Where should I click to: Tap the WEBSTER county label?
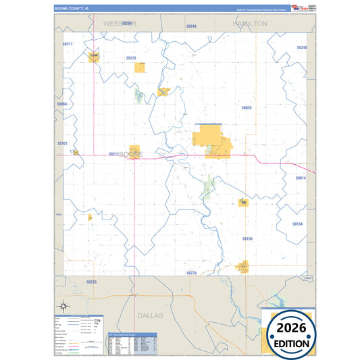[120, 23]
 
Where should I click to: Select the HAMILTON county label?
[250, 23]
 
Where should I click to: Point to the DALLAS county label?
[151, 315]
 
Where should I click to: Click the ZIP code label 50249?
[190, 26]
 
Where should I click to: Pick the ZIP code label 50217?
[67, 44]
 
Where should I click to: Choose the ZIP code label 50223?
[131, 58]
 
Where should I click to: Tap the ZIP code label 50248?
[301, 47]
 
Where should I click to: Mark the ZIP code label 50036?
[247, 107]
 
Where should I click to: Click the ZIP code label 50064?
[62, 104]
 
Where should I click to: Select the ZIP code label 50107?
[62, 143]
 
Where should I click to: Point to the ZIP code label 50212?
[114, 154]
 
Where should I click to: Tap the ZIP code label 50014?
[301, 178]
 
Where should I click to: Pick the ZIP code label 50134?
[298, 224]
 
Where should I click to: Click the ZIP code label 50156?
[247, 238]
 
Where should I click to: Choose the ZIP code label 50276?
[191, 273]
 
